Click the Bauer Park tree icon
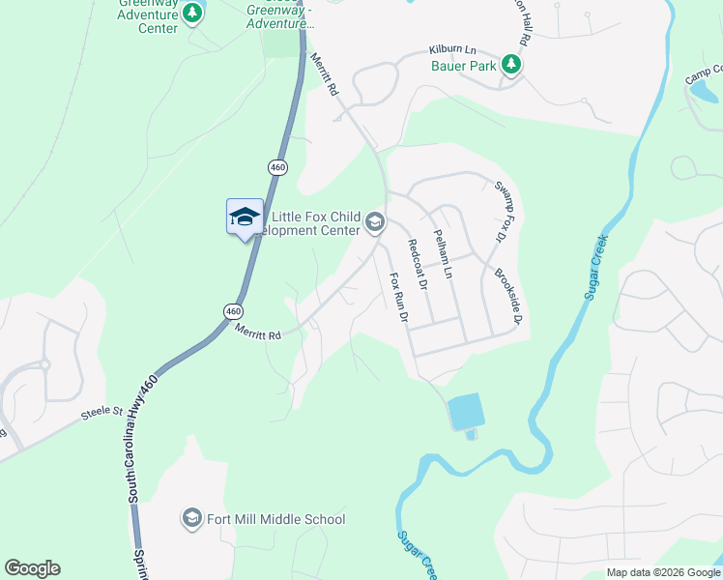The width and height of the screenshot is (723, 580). click(511, 66)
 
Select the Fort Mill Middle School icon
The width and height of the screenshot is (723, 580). click(191, 519)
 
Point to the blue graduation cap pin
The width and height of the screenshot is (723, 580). click(245, 217)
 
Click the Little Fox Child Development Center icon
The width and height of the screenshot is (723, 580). click(374, 224)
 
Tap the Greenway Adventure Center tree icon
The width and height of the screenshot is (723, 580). click(193, 13)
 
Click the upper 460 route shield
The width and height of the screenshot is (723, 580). click(278, 167)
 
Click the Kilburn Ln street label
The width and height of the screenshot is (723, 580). click(453, 50)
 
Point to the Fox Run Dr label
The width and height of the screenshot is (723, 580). click(398, 297)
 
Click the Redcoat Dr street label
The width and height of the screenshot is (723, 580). click(417, 265)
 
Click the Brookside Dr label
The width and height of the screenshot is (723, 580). click(509, 296)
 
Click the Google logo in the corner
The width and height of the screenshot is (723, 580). click(32, 568)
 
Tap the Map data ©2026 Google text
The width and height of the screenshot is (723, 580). click(662, 572)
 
